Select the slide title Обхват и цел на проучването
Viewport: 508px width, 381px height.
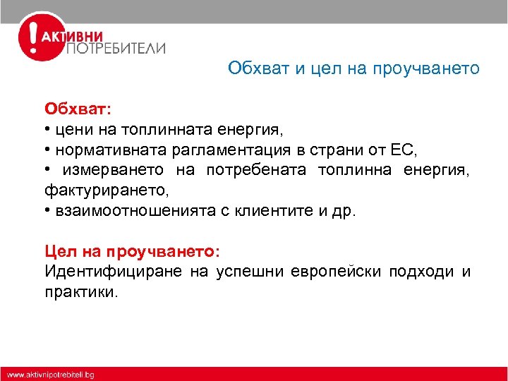[353, 68]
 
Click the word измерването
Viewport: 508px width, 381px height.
[114, 170]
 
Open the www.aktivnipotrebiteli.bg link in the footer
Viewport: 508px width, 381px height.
[51, 374]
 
